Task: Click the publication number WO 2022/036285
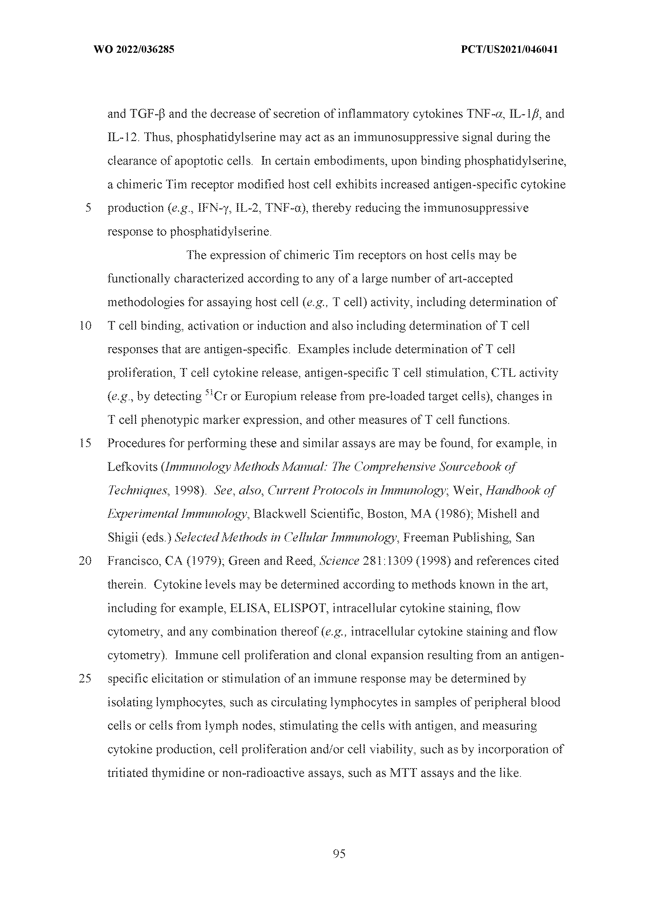click(x=133, y=50)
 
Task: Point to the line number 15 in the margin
click(x=85, y=443)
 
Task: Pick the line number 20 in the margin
click(x=85, y=561)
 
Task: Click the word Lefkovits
click(x=132, y=467)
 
